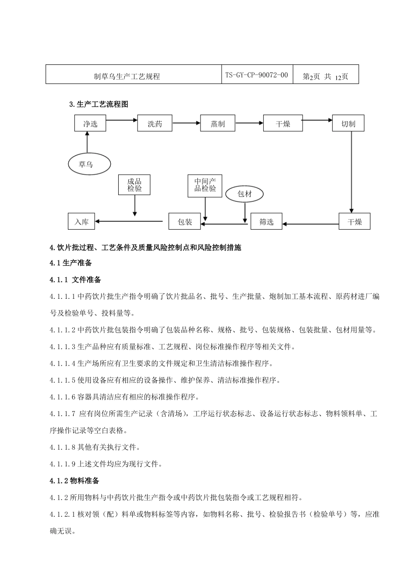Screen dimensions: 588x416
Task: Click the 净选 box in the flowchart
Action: (90, 124)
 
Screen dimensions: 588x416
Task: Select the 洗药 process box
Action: (155, 124)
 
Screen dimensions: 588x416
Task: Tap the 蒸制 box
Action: (218, 124)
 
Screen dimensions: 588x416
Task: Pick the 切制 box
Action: (348, 124)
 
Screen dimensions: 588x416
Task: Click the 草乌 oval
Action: (86, 164)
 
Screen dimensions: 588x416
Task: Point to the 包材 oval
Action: (244, 194)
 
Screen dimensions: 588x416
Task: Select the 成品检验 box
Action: (134, 185)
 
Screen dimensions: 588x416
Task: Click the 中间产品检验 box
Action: (205, 185)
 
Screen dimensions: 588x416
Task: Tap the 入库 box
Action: (81, 222)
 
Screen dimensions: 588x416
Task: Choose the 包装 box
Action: (185, 222)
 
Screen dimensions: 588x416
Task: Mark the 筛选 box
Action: (266, 222)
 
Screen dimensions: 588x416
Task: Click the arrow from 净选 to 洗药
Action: (122, 119)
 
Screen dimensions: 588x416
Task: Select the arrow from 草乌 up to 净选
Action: (87, 142)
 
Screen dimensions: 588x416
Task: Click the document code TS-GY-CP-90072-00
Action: (257, 75)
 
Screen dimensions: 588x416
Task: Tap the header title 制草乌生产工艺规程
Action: (127, 77)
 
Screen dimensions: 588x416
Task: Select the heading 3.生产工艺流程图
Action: (99, 104)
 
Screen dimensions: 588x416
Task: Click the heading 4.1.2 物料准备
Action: (74, 481)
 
